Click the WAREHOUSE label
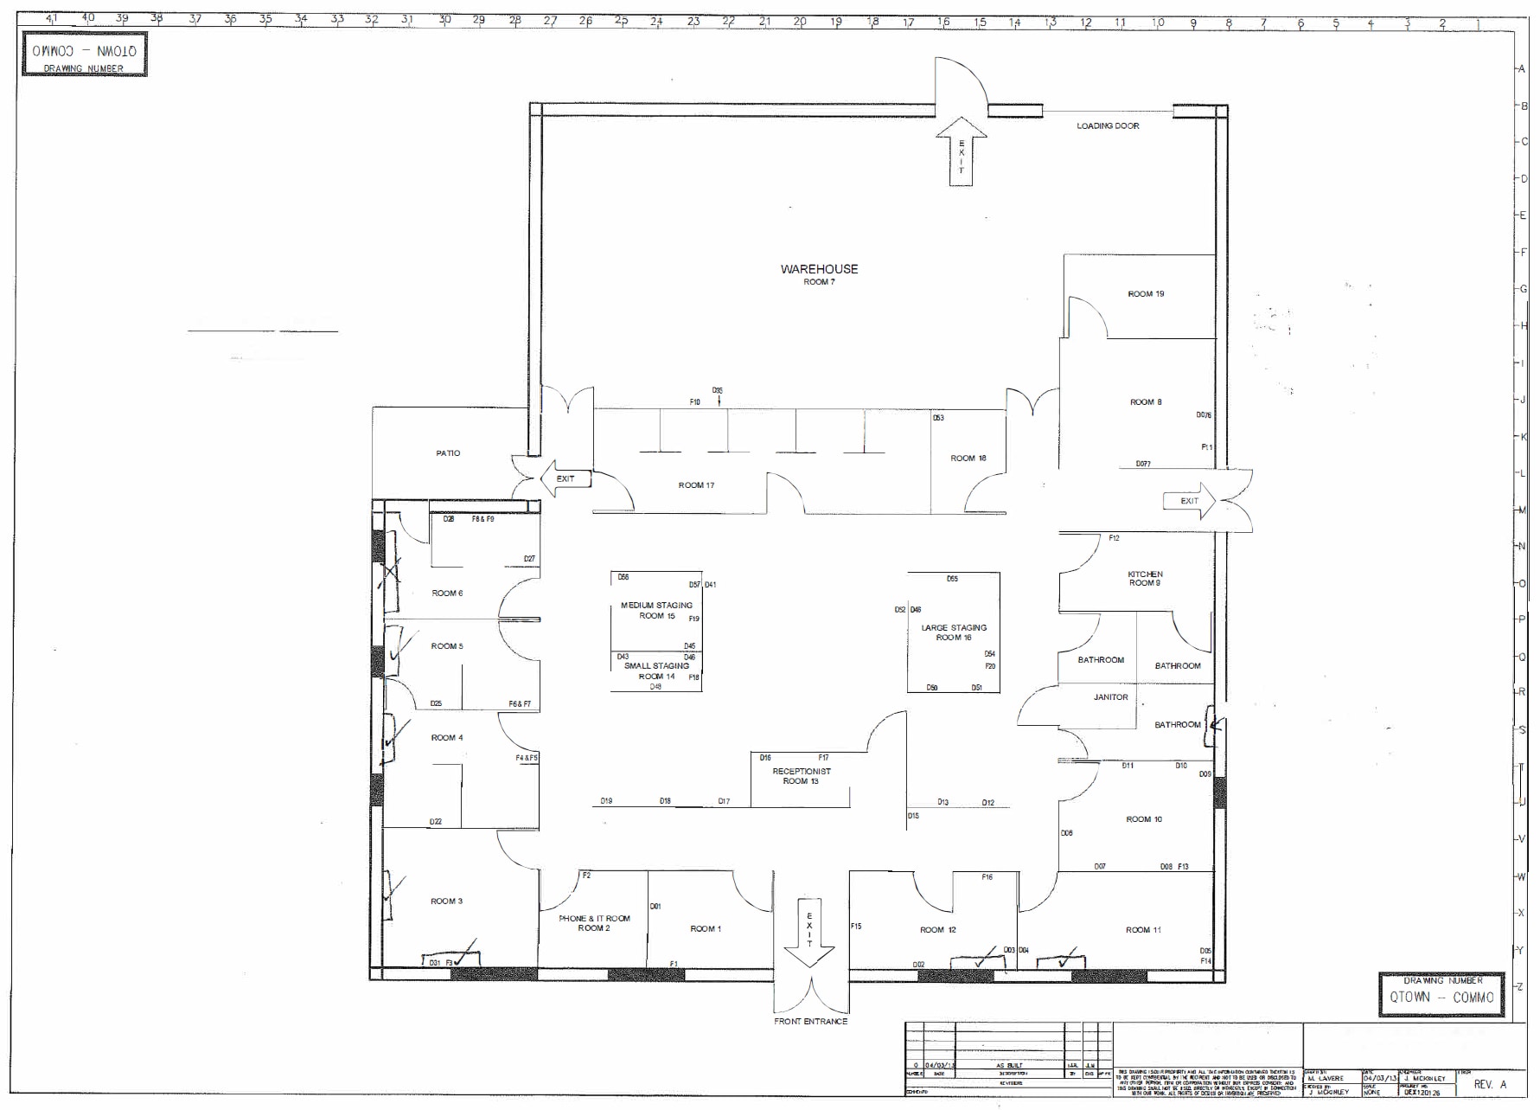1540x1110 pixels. point(819,269)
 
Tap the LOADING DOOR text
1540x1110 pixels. point(1107,126)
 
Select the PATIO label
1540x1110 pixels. point(448,453)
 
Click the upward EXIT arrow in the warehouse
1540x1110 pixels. point(961,151)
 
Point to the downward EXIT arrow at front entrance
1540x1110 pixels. point(809,935)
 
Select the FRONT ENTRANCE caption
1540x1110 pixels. point(810,1022)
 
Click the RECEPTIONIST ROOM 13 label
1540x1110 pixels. point(801,776)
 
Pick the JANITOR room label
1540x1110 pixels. point(1110,697)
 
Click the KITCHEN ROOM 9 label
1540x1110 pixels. point(1145,579)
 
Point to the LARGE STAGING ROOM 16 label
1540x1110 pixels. point(954,632)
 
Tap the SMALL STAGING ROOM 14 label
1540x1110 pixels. point(656,671)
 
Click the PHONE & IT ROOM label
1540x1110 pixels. point(594,923)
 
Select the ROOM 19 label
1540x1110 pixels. point(1146,294)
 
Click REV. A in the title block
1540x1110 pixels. point(1490,1084)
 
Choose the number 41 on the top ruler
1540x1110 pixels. point(51,18)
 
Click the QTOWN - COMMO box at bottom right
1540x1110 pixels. point(1441,997)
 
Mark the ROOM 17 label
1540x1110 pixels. point(696,485)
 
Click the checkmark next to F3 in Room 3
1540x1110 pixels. point(467,954)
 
